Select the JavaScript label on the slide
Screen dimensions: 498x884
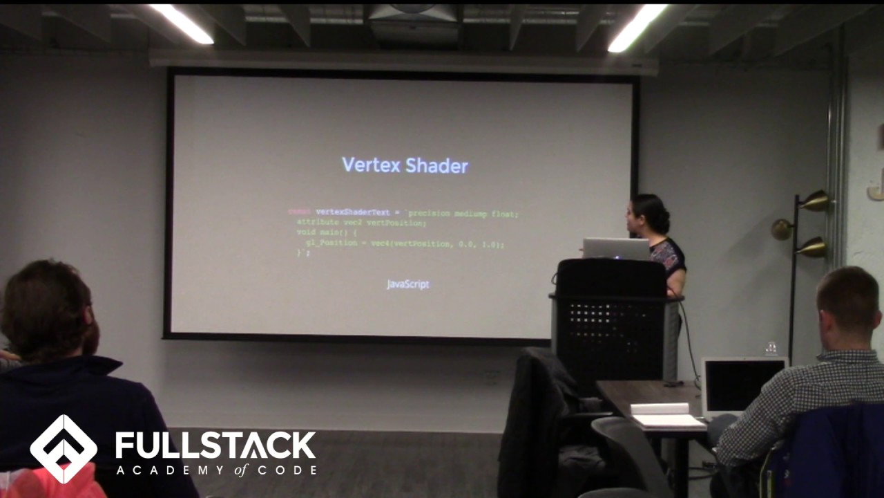click(x=407, y=284)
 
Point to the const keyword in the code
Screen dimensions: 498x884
click(x=299, y=212)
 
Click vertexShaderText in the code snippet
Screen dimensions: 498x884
click(x=353, y=212)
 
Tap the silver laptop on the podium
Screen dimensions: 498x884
click(x=615, y=248)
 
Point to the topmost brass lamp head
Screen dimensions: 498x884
click(x=816, y=201)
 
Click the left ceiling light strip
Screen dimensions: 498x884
click(x=182, y=24)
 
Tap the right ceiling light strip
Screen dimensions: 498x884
click(x=637, y=28)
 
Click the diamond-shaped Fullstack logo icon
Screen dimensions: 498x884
click(x=64, y=449)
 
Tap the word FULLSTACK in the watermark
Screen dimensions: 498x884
click(x=215, y=445)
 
